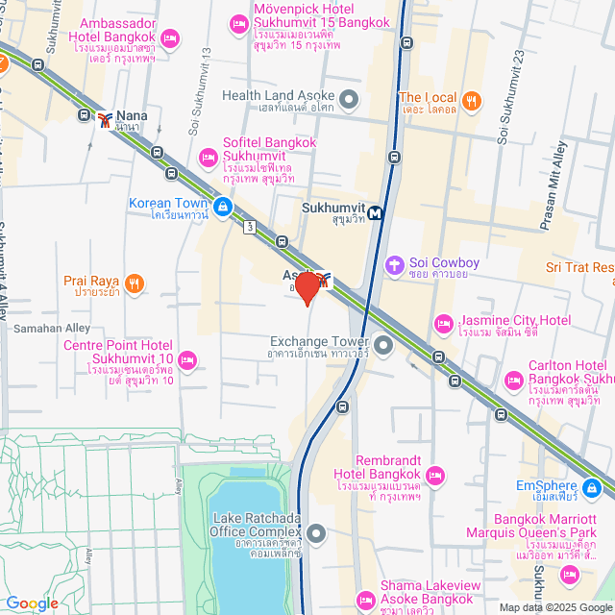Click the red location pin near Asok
coord(307,286)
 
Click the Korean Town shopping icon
coord(223,206)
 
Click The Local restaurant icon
coord(471,99)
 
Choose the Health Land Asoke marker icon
coord(349,97)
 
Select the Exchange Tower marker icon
coord(383,343)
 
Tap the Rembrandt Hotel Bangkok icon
coord(435,474)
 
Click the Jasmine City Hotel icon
coord(443,322)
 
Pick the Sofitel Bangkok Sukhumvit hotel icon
coord(207,157)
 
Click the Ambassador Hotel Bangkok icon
coord(170,38)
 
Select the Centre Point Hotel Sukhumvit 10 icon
coord(188,360)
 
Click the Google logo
coord(32,604)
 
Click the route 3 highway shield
coord(250,227)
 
